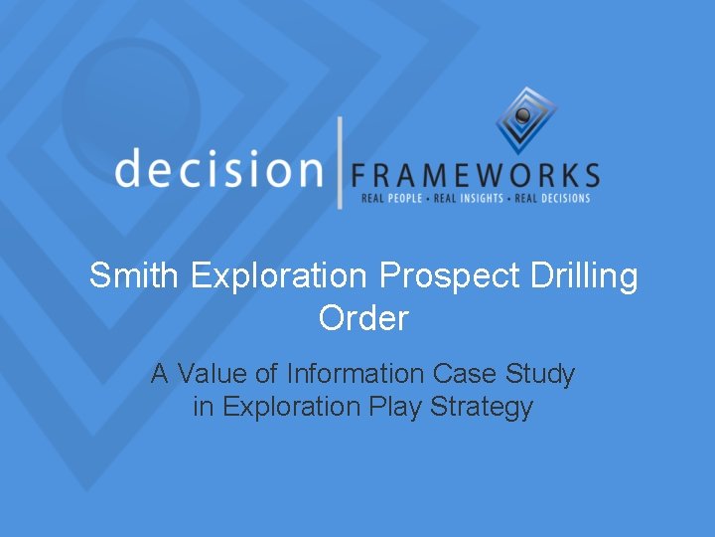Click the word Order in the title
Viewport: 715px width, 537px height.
pyautogui.click(x=363, y=318)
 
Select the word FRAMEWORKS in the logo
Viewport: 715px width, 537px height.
pyautogui.click(x=476, y=176)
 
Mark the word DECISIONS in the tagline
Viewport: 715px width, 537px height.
pyautogui.click(x=560, y=198)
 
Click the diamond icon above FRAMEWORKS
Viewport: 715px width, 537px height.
pyautogui.click(x=526, y=119)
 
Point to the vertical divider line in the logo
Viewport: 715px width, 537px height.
pyautogui.click(x=340, y=162)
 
